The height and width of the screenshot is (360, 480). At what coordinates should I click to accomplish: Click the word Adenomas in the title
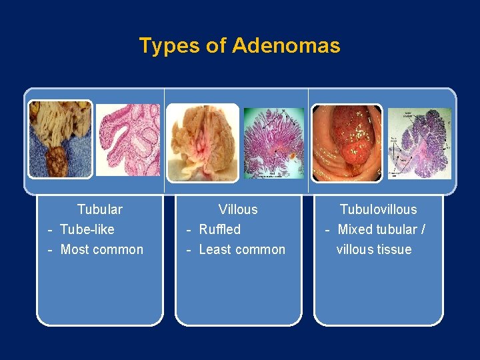(286, 46)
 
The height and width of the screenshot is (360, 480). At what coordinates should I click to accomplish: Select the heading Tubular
(100, 209)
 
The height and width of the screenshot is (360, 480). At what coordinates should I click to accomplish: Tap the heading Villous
(238, 209)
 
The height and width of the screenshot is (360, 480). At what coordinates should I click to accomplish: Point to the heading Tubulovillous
(378, 209)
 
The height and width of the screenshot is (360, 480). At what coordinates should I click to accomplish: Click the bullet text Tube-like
(87, 229)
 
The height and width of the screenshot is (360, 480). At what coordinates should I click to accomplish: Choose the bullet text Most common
(101, 249)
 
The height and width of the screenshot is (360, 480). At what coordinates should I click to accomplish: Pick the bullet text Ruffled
(219, 229)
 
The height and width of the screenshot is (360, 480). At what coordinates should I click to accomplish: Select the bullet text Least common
(241, 249)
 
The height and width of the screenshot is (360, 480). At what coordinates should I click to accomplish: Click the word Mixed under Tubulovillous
(355, 229)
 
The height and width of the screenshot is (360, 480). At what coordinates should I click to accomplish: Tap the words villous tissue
(374, 249)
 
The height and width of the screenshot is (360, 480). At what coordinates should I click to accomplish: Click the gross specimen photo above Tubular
(60, 139)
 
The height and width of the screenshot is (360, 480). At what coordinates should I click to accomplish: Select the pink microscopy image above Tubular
(128, 139)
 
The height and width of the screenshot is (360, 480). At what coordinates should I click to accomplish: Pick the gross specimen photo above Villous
(202, 142)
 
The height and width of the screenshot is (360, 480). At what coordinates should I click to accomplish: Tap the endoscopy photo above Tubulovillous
(347, 142)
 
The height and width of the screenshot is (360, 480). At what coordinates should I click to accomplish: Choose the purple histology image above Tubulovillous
(419, 143)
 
